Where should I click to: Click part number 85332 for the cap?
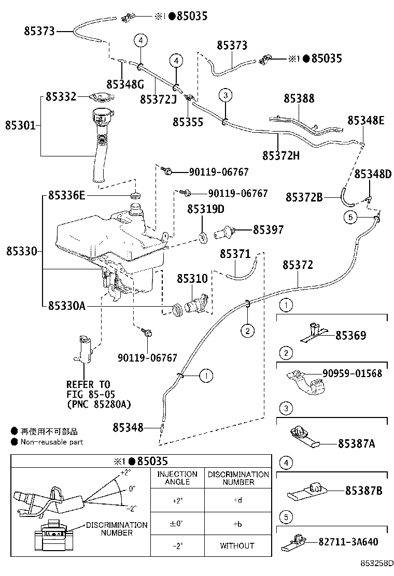61,96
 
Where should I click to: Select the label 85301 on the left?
21,125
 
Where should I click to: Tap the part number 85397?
268,229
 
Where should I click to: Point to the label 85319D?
206,209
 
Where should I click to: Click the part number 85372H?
281,155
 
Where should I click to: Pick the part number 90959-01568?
352,373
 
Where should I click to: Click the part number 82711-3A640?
348,542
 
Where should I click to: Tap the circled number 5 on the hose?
350,218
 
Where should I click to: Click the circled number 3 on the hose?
225,95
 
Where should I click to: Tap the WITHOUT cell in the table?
237,545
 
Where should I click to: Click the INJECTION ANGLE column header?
177,478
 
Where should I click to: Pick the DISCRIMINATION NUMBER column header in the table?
238,478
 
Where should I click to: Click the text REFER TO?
88,385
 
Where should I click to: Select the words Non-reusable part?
52,442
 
